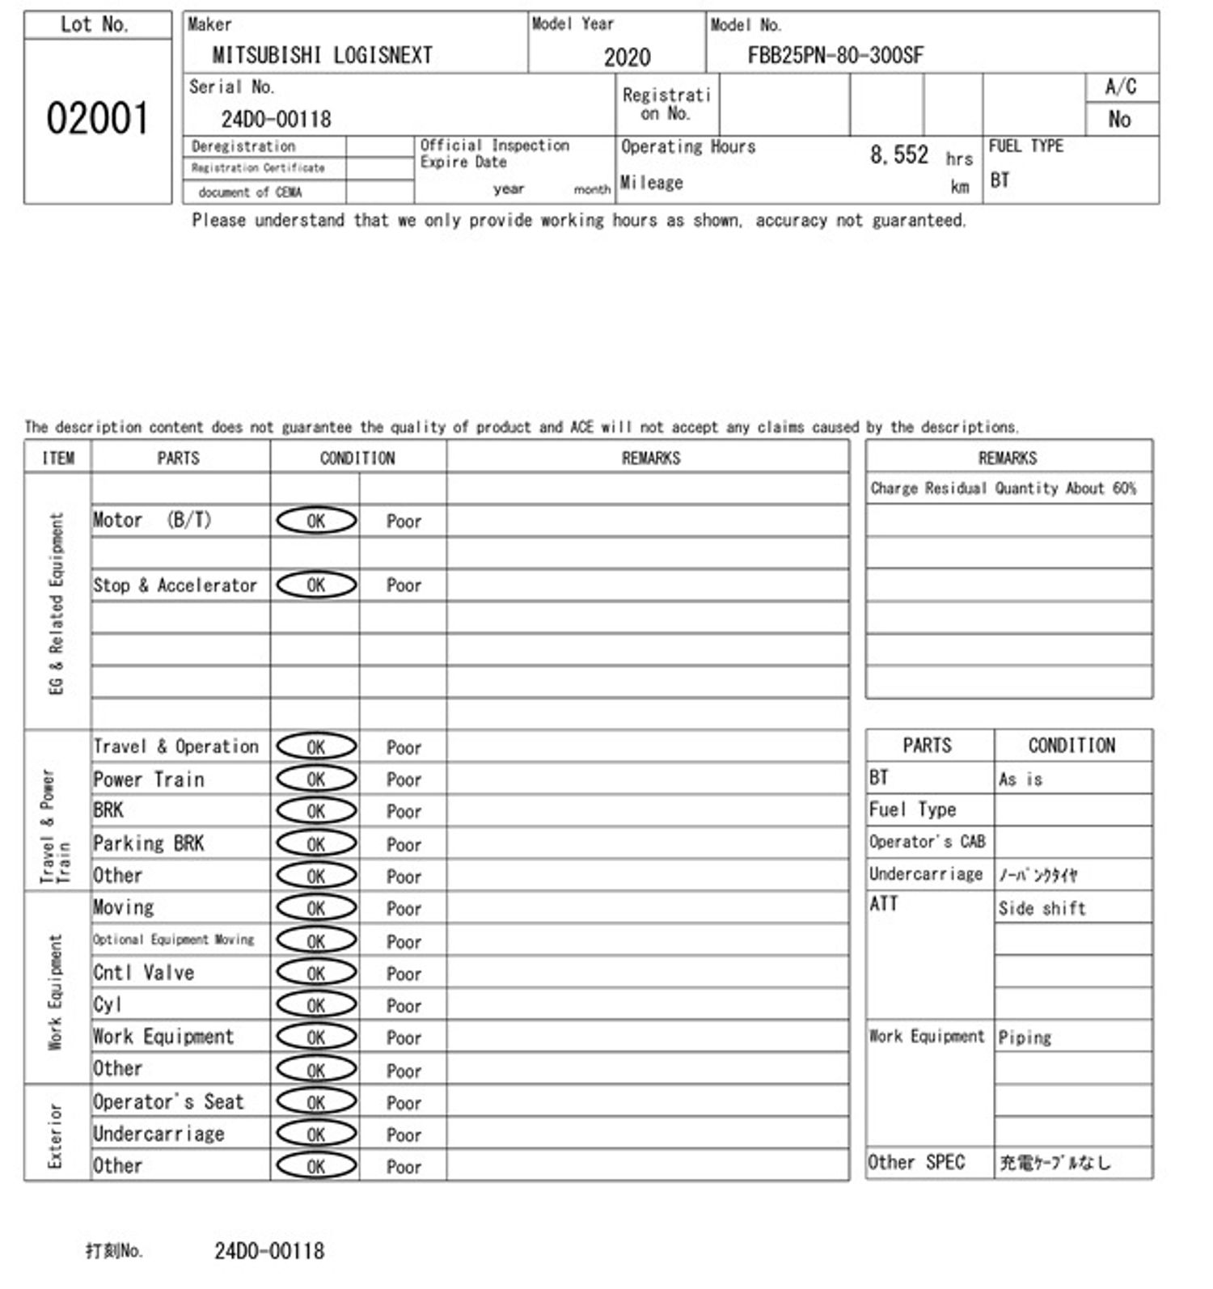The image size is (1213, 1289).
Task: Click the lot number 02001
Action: pyautogui.click(x=97, y=119)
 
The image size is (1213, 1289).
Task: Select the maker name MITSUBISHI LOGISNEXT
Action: pyautogui.click(x=322, y=55)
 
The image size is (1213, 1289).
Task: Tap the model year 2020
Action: pyautogui.click(x=627, y=57)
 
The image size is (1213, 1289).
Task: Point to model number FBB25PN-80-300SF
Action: pyautogui.click(x=835, y=55)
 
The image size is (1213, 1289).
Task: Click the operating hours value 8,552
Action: pyautogui.click(x=898, y=154)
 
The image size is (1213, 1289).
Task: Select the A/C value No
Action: pyautogui.click(x=1119, y=120)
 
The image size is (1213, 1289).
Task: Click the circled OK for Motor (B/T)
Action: pyautogui.click(x=316, y=521)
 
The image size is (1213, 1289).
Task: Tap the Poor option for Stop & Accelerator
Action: pyautogui.click(x=404, y=585)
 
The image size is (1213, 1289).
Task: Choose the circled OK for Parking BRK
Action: pyautogui.click(x=316, y=844)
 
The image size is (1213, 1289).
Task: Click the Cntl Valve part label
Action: pyautogui.click(x=144, y=973)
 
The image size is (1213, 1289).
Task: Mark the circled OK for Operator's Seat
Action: pyautogui.click(x=316, y=1102)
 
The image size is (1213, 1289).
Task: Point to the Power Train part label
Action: pyautogui.click(x=149, y=780)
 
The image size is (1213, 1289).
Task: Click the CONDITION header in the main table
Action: pyautogui.click(x=357, y=459)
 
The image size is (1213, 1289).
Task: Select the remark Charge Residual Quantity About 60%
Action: pyautogui.click(x=1003, y=488)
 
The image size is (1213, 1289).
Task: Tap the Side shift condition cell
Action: pyautogui.click(x=1042, y=908)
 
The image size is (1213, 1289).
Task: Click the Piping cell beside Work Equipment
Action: pyautogui.click(x=1025, y=1038)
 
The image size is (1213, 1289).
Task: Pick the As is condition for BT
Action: pyautogui.click(x=1021, y=780)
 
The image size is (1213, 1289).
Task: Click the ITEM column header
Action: pyautogui.click(x=57, y=459)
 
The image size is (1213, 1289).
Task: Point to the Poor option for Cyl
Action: pyautogui.click(x=404, y=1006)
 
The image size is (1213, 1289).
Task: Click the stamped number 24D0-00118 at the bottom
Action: pyautogui.click(x=269, y=1251)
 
